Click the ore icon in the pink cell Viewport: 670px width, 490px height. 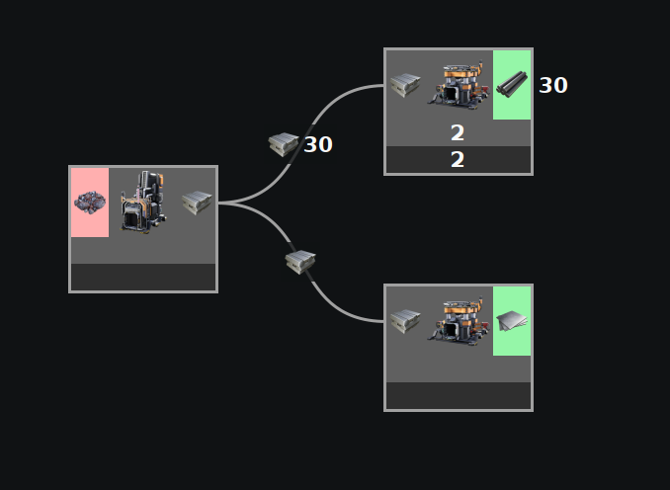(89, 203)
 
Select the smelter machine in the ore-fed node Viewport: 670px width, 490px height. (143, 203)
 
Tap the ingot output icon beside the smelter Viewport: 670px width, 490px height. (197, 203)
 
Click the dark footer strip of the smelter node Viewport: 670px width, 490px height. (143, 278)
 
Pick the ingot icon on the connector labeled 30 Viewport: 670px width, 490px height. (284, 144)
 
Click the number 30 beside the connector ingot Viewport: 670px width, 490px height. (318, 145)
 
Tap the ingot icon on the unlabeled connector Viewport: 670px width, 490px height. (300, 261)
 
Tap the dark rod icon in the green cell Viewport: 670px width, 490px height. (512, 85)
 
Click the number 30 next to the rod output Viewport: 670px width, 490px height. (553, 86)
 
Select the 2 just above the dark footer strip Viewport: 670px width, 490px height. (458, 133)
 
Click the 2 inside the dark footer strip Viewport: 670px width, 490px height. (458, 160)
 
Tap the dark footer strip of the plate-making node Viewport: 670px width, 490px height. (458, 396)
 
